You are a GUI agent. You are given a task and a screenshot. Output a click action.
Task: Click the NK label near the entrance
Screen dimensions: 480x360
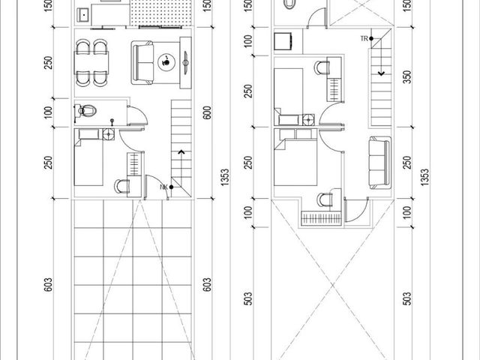point(164,187)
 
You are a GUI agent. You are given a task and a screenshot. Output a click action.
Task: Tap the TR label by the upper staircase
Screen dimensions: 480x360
point(364,38)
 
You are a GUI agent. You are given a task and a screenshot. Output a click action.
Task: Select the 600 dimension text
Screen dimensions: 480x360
point(207,112)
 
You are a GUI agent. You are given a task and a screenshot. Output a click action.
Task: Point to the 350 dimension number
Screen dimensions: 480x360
point(407,76)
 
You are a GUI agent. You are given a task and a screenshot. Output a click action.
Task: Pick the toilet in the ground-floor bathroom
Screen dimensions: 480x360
point(85,110)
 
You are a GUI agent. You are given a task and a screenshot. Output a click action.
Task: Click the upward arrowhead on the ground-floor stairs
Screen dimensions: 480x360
point(181,151)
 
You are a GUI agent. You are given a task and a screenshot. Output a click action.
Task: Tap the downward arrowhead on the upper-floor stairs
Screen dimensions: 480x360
point(381,73)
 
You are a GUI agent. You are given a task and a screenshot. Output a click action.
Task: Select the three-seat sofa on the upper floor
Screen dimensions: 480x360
point(380,163)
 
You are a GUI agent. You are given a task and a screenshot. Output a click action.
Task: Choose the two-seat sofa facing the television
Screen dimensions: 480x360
point(142,63)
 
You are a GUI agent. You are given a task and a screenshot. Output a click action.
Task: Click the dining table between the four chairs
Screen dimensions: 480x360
point(91,63)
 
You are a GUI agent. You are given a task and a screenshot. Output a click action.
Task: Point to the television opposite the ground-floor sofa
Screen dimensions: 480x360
point(185,63)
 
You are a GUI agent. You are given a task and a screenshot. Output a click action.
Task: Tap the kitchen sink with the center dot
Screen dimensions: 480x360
point(83,15)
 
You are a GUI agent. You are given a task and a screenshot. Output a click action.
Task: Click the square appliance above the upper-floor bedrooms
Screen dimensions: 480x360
point(283,41)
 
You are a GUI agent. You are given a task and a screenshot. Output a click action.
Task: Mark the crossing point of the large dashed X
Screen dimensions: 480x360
point(333,286)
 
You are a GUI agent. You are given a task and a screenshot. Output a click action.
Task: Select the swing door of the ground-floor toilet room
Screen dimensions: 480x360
point(138,115)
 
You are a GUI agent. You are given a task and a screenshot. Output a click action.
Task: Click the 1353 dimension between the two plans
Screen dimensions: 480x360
point(225,177)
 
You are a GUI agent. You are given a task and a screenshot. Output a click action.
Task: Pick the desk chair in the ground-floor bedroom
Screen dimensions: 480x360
point(122,187)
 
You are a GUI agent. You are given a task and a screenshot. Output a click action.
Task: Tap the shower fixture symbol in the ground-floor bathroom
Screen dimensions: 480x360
point(112,121)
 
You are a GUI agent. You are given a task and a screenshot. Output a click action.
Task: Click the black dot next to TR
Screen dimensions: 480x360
point(371,38)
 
